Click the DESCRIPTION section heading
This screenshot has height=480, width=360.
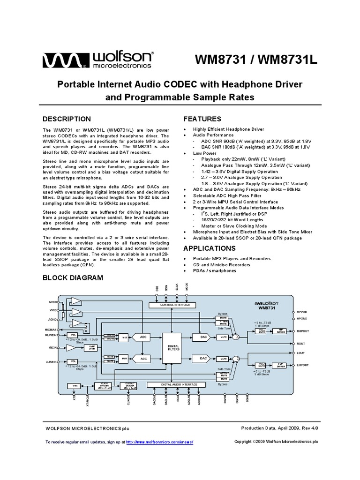67,119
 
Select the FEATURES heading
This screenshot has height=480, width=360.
202,119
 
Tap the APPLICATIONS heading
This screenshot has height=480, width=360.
209,248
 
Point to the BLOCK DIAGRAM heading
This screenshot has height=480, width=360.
73,277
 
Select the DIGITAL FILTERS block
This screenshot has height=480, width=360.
174,348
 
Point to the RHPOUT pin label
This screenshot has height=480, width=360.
303,331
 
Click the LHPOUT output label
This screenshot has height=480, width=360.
303,365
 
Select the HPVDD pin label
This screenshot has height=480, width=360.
302,312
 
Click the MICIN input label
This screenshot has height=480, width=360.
52,348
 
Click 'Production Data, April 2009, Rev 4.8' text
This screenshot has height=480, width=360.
279,428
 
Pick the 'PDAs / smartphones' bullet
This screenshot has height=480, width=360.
215,270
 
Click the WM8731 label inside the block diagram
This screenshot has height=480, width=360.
266,308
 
